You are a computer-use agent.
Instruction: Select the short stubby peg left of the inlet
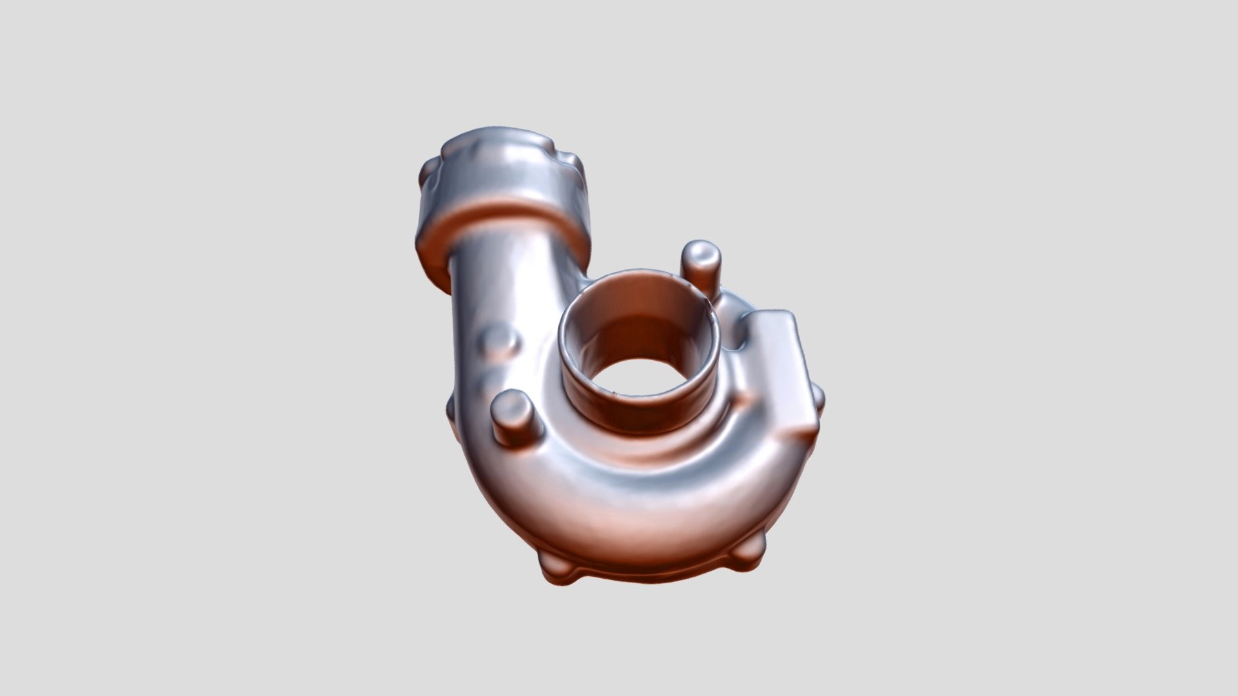[x=513, y=419]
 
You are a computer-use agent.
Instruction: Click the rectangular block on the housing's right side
[x=783, y=374]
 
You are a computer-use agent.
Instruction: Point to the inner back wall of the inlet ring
[x=638, y=316]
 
